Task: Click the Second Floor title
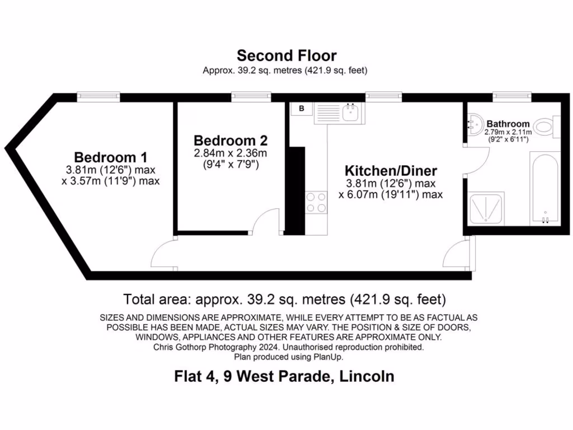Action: (286, 55)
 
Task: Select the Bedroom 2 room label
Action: (231, 140)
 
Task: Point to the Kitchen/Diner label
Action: (391, 171)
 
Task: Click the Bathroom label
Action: (508, 124)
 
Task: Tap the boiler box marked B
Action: (302, 109)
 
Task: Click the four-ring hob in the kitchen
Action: (316, 202)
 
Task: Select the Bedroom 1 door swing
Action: (164, 255)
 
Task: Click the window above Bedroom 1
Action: (98, 96)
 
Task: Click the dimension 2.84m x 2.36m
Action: (231, 153)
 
